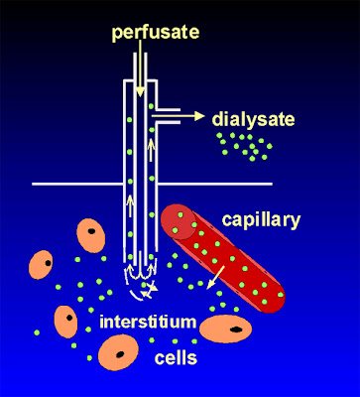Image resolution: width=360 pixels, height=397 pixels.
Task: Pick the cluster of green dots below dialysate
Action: pyautogui.click(x=244, y=146)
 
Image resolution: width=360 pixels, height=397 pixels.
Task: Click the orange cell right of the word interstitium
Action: pyautogui.click(x=227, y=327)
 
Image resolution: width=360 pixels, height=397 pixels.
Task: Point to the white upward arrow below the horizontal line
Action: pyautogui.click(x=130, y=204)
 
